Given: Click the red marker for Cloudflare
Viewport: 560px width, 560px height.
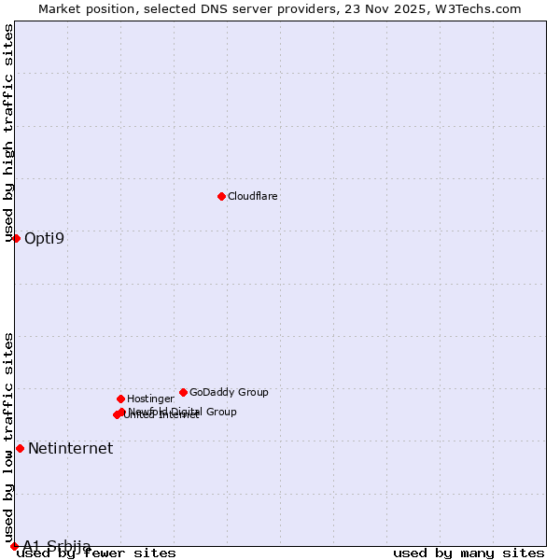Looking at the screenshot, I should coord(221,196).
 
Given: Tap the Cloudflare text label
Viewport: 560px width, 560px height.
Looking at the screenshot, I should coord(253,197).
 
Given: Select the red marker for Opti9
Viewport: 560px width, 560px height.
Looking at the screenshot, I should coord(16,238).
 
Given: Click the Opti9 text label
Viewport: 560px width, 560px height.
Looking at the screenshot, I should coord(45,238).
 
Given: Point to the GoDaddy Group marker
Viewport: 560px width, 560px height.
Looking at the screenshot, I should coord(183,392).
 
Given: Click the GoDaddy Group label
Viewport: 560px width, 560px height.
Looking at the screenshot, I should coord(229,393).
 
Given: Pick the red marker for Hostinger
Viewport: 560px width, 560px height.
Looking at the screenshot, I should coord(120,399).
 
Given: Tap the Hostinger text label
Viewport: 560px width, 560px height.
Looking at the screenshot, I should coord(150,399).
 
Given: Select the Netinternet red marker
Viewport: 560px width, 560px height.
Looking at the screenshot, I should coord(20,448).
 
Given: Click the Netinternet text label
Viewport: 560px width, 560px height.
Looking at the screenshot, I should coord(70,449).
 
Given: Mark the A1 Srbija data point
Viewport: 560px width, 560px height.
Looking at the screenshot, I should coord(14,546).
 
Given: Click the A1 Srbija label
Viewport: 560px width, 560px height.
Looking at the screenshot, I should coord(57,546).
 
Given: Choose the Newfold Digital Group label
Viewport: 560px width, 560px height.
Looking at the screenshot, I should coord(184,412).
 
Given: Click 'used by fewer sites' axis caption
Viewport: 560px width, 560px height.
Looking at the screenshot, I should coord(97,553).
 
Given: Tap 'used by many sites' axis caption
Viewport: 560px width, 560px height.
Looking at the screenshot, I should coord(469,553).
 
